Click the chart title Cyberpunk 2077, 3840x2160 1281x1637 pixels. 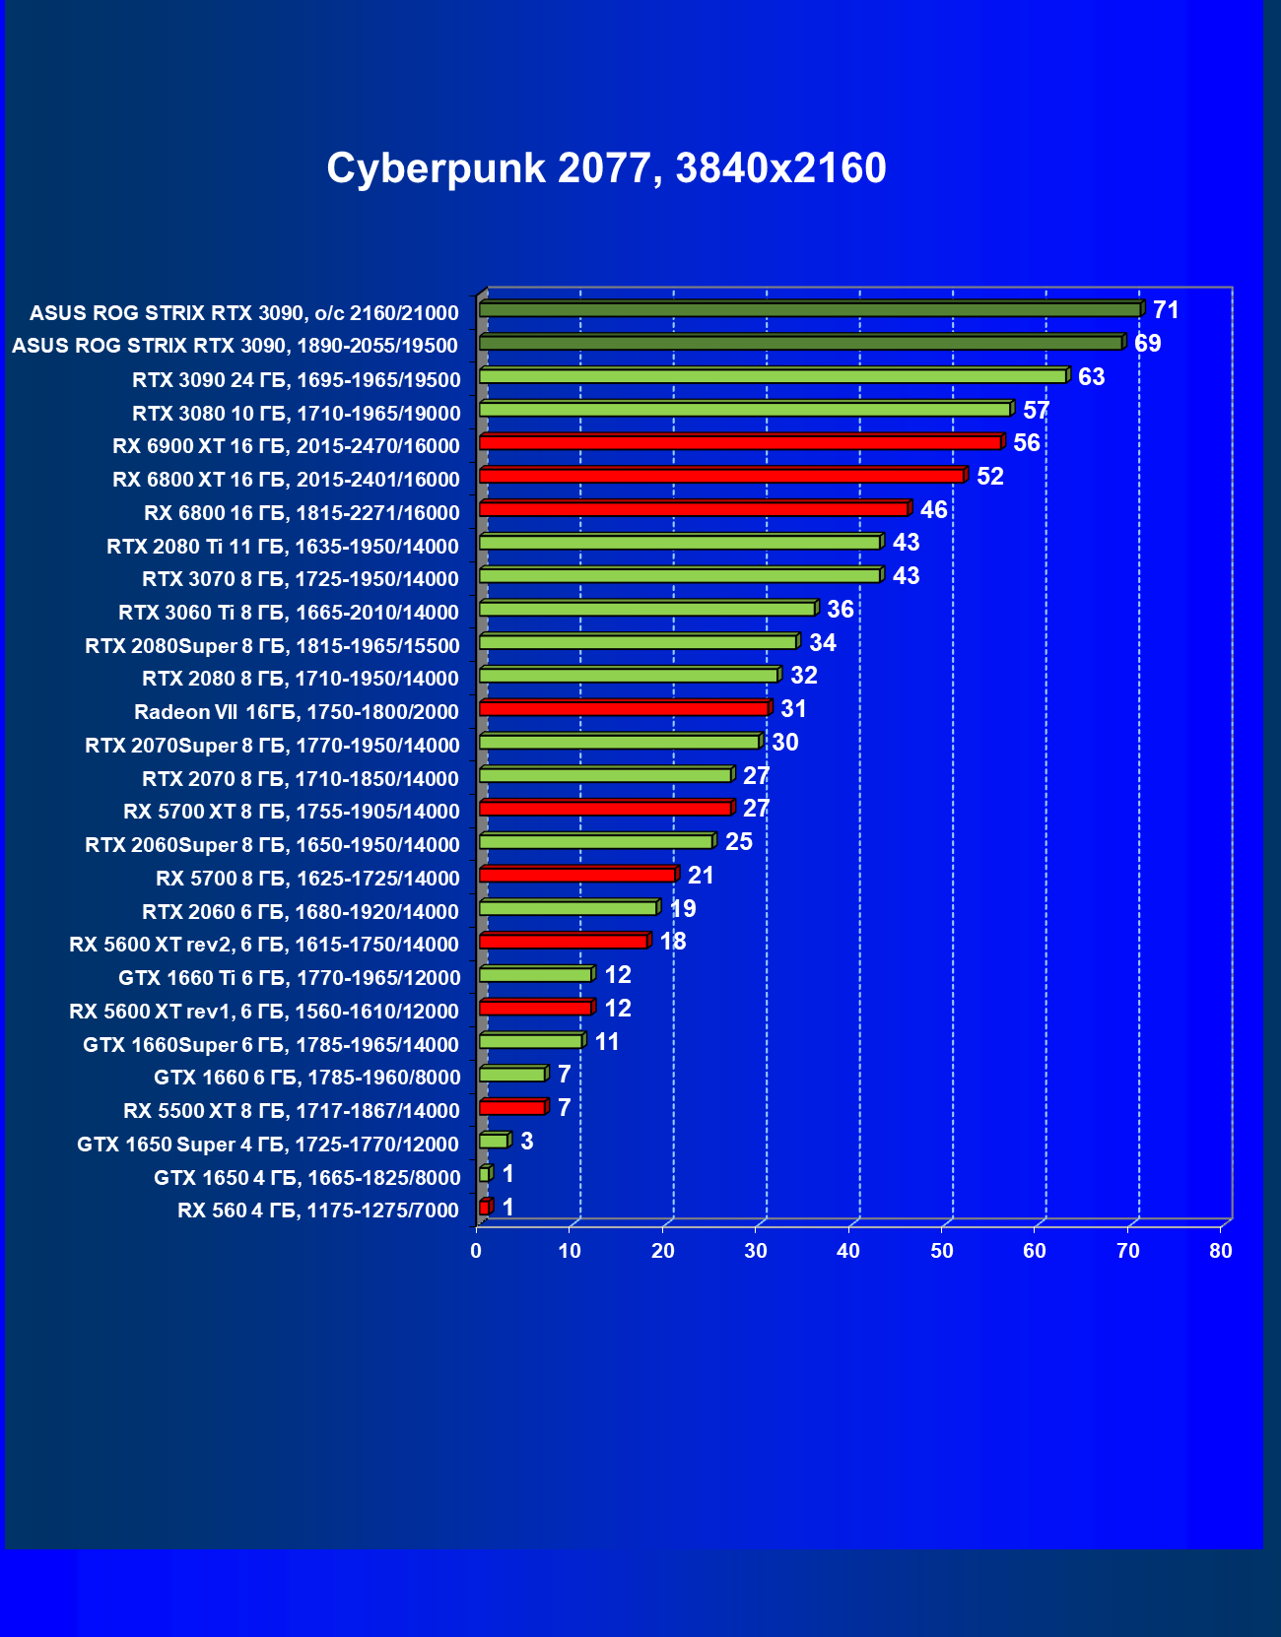pyautogui.click(x=606, y=168)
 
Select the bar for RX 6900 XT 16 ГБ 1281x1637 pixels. pyautogui.click(x=740, y=442)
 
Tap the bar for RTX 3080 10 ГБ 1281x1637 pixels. pyautogui.click(x=745, y=409)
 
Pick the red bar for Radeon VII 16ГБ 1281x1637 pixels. pyautogui.click(x=624, y=708)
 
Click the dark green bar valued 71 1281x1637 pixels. pyautogui.click(x=810, y=309)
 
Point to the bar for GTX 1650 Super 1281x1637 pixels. pyautogui.click(x=494, y=1141)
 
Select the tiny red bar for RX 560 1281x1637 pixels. pyautogui.click(x=485, y=1207)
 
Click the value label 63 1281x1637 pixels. pyautogui.click(x=1091, y=377)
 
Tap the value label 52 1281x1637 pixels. pyautogui.click(x=989, y=477)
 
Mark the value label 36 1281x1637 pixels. pyautogui.click(x=840, y=610)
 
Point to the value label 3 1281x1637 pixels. pyautogui.click(x=527, y=1141)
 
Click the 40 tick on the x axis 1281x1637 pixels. pyautogui.click(x=848, y=1251)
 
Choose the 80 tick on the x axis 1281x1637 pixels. pyautogui.click(x=1221, y=1251)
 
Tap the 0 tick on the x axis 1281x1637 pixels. pyautogui.click(x=476, y=1251)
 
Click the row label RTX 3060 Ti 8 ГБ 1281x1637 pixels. pyautogui.click(x=289, y=613)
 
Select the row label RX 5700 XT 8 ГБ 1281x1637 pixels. pyautogui.click(x=292, y=812)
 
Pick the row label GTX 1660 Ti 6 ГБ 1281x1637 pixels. pyautogui.click(x=290, y=978)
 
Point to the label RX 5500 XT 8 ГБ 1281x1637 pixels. pyautogui.click(x=292, y=1111)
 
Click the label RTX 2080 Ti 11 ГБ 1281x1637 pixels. pyautogui.click(x=283, y=547)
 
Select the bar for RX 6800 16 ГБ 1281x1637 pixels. pyautogui.click(x=694, y=508)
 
